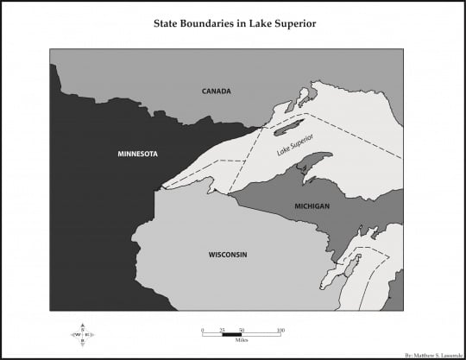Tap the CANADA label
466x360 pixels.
217,91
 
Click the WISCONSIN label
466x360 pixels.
228,255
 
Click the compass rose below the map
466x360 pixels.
83,333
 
